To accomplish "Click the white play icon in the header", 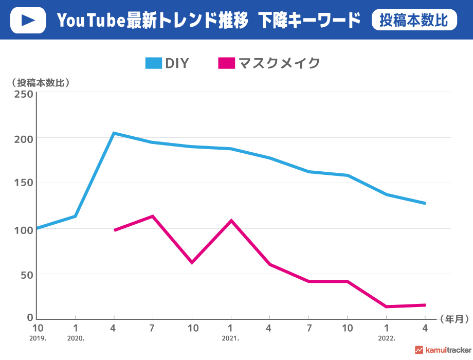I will (28, 20).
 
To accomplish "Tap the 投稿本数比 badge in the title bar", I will (414, 20).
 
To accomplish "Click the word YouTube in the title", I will (90, 21).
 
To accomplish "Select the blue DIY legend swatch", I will (154, 63).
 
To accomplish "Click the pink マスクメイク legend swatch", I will (227, 63).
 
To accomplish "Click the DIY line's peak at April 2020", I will (114, 133).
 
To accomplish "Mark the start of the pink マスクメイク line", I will (115, 230).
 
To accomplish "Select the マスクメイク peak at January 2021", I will (231, 221).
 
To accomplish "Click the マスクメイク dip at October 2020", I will (192, 262).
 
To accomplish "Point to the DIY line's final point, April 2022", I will (425, 203).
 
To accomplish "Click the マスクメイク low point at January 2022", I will (386, 307).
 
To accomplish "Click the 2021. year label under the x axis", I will (230, 339).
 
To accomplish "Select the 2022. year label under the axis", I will (386, 339).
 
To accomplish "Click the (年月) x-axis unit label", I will (454, 319).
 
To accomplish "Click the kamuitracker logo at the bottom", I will (443, 350).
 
